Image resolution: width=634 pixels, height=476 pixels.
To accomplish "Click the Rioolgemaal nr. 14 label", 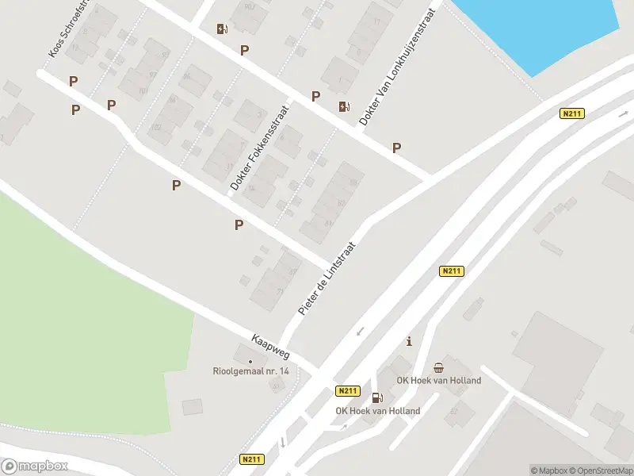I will [x=251, y=371].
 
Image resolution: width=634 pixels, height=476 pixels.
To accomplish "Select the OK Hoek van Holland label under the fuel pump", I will [x=378, y=411].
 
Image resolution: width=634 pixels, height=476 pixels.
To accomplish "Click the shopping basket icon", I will [x=438, y=367].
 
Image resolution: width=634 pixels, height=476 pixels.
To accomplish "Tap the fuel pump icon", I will [x=377, y=397].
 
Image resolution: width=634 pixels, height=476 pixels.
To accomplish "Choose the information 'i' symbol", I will [x=409, y=342].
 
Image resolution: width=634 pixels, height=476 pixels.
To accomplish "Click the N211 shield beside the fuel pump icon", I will [x=348, y=391].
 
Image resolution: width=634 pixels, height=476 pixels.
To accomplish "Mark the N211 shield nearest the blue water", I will [x=571, y=113].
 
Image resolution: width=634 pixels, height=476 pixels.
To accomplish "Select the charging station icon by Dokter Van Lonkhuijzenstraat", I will [x=343, y=107].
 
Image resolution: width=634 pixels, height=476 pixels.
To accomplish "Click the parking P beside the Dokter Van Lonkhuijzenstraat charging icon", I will [x=315, y=97].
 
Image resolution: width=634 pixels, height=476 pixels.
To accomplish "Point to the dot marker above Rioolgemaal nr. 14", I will [x=250, y=362].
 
